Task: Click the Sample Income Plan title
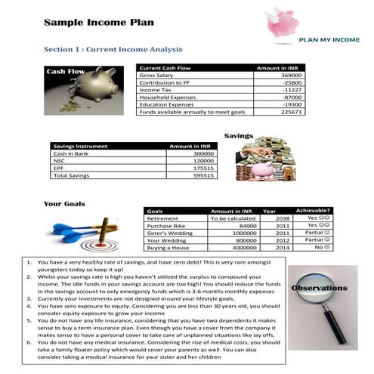pos(99,22)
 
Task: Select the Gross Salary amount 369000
pos(291,76)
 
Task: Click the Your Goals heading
pos(64,204)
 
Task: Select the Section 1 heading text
pos(113,49)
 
